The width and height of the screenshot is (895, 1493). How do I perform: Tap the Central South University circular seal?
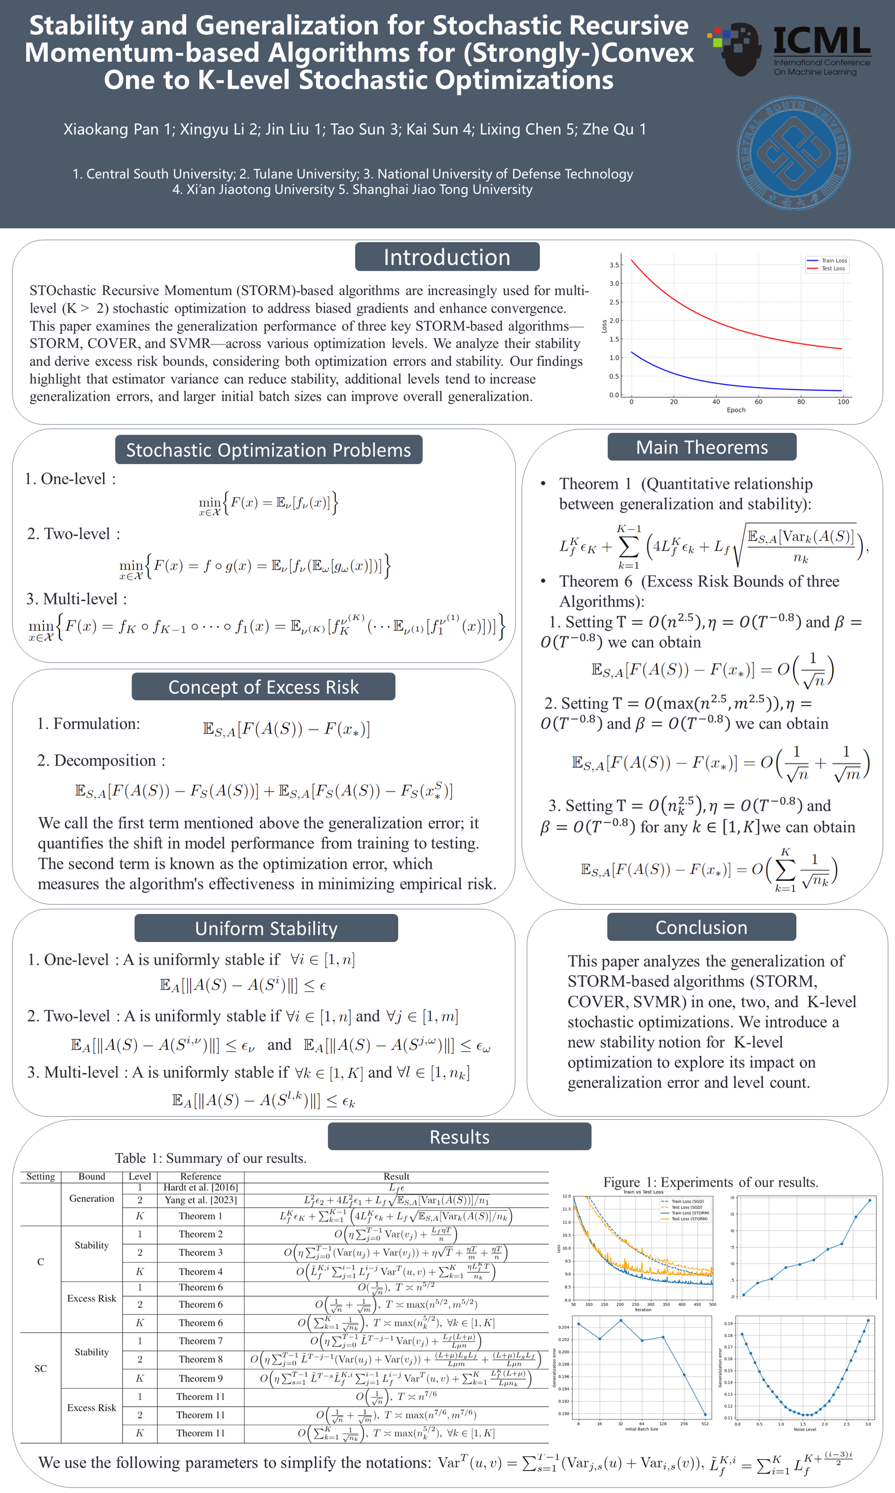point(793,153)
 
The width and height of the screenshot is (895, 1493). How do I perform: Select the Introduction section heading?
point(447,257)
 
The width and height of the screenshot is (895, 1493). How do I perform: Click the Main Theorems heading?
point(701,447)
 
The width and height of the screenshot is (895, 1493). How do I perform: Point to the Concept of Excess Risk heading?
point(263,687)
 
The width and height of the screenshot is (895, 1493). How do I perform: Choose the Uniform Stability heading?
point(266,928)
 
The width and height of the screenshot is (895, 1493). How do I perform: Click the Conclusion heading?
point(701,927)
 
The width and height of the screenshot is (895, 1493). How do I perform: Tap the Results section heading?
point(459,1137)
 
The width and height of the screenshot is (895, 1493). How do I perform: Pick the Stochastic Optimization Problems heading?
point(268,450)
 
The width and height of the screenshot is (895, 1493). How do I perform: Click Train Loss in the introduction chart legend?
point(833,261)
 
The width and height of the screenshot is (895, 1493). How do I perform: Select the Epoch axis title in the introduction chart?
point(736,410)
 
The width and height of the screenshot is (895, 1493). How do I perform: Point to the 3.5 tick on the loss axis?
point(614,265)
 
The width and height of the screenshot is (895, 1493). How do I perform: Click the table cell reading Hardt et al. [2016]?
point(200,1188)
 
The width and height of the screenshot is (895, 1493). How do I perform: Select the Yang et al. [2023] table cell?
point(200,1200)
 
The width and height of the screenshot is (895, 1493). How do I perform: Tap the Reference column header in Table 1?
point(200,1176)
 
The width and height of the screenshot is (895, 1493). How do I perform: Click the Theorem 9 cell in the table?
point(200,1378)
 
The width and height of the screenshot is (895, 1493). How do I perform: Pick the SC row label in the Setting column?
point(40,1368)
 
